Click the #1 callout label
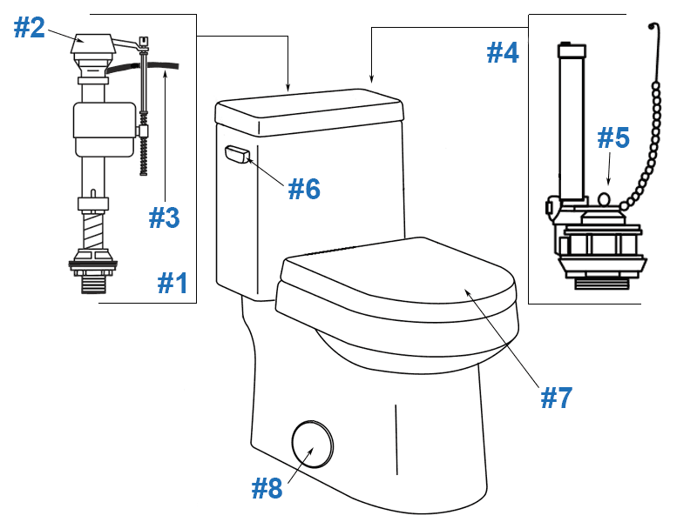173,283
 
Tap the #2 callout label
29,28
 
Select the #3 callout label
164,217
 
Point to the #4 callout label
503,53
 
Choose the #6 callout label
305,188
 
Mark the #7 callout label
556,397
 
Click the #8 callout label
267,489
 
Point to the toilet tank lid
309,111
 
